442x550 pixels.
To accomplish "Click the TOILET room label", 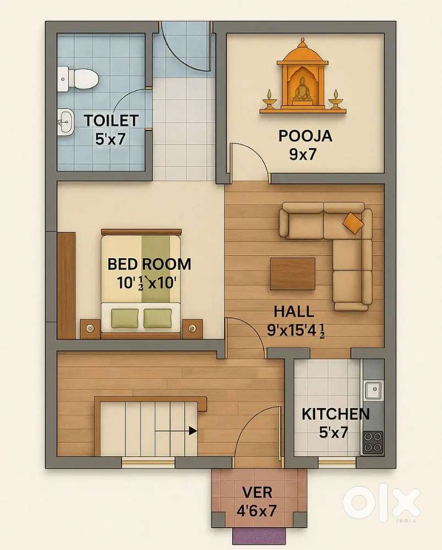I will tap(111, 119).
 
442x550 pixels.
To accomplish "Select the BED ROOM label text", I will tap(149, 264).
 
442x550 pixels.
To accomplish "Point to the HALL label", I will tap(294, 311).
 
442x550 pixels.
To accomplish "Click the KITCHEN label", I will tap(335, 413).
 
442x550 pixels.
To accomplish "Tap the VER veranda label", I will tap(257, 492).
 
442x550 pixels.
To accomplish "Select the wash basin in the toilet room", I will tap(65, 120).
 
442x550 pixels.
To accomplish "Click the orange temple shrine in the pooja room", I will tap(302, 77).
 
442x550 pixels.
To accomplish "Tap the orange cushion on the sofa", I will tap(353, 222).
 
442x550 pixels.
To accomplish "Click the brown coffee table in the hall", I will tap(292, 273).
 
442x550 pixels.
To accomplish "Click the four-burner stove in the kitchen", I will tap(373, 441).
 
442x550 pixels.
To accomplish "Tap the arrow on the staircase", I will tap(192, 431).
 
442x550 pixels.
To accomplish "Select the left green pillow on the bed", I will tap(125, 317).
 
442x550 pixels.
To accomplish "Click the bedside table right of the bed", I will tap(192, 328).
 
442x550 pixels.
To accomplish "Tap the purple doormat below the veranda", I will tap(257, 535).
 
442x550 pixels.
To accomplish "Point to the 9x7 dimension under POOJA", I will tap(303, 154).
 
